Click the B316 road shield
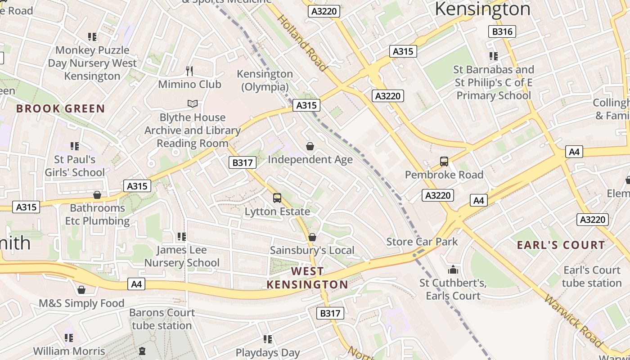(502, 31)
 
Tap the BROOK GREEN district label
(60, 108)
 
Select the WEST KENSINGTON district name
(307, 278)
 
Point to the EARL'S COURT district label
(561, 245)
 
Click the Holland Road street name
(301, 43)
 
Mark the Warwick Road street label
(573, 321)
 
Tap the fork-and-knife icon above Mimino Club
(189, 71)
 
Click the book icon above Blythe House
(193, 104)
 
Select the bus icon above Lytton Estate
(277, 198)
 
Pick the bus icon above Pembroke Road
(444, 161)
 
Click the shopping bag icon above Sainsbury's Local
(312, 237)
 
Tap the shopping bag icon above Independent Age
(310, 146)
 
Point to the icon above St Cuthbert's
(453, 270)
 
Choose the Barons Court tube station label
(162, 319)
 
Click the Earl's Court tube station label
(591, 276)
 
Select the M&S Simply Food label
(81, 303)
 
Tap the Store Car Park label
(422, 242)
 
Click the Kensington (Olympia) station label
(265, 80)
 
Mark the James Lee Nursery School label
(182, 256)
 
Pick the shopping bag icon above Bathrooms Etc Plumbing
(97, 195)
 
